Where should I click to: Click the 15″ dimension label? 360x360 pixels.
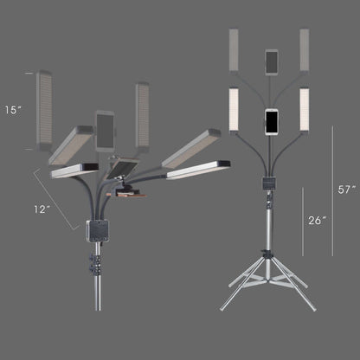(13, 110)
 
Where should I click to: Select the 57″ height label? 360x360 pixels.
(346, 190)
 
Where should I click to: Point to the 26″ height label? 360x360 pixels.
(317, 220)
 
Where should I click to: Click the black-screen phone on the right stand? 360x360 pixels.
(272, 121)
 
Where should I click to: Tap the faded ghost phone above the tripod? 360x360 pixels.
(272, 62)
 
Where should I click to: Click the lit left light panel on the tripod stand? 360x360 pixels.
(234, 109)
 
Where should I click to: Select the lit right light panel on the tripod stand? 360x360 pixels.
(305, 109)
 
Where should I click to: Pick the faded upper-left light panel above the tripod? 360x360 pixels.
(234, 49)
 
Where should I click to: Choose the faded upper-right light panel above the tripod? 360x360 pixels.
(305, 49)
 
